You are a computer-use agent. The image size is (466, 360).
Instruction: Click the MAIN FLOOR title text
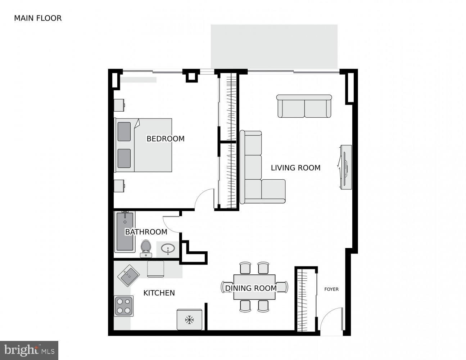pos(38,18)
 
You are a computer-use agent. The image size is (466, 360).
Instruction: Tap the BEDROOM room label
pos(165,139)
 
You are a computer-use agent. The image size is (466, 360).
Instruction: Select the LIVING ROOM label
pos(295,168)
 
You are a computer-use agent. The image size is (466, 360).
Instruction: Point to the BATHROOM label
pos(146,232)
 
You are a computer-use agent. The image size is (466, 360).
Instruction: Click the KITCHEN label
pos(159,293)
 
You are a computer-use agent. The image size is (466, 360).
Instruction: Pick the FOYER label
pos(331,289)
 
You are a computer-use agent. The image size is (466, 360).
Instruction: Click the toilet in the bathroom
pos(146,248)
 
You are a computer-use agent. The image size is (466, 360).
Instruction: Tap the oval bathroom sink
pos(168,248)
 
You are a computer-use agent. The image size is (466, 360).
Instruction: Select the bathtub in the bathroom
pos(125,232)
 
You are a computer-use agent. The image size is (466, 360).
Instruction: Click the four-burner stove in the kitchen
pos(124,306)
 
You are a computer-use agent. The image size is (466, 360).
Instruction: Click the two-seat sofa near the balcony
pos(304,106)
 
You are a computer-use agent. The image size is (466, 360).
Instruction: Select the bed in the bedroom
pos(143,145)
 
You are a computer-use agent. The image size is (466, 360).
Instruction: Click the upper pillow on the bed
pos(124,131)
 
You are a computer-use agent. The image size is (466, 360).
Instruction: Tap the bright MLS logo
pos(29,350)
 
